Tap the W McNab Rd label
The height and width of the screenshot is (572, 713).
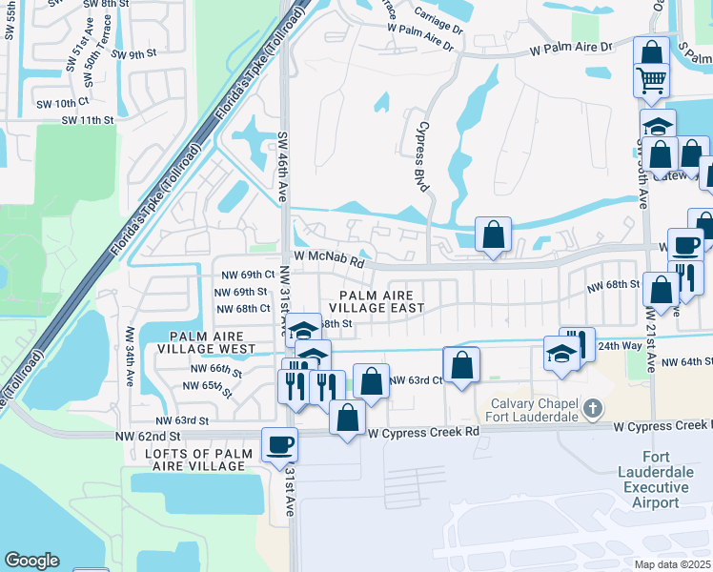(x=329, y=258)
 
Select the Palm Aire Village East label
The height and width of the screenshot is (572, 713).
(x=377, y=301)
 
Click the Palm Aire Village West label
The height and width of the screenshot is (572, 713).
(x=213, y=342)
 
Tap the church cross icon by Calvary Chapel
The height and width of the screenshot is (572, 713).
(x=592, y=409)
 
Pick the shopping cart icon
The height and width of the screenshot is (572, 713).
(x=652, y=81)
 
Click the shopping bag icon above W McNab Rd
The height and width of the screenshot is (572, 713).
(x=493, y=234)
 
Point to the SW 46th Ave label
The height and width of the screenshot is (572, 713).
(x=282, y=165)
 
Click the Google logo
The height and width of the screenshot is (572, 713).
(x=31, y=561)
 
